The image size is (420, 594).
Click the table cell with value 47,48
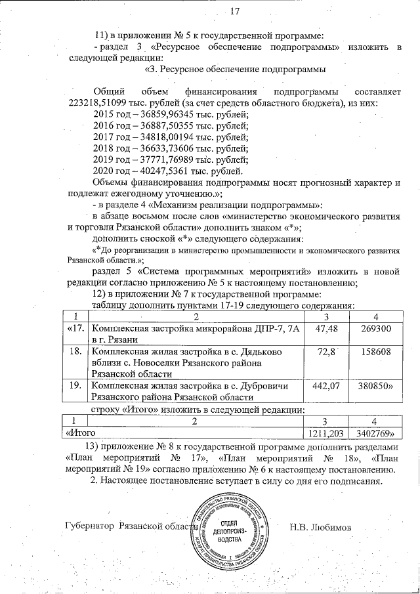tap(327, 328)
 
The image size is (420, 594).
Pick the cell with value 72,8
tap(327, 353)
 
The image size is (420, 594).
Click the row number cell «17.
tap(75, 328)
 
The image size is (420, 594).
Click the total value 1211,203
tap(327, 433)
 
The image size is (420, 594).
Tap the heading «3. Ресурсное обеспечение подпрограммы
tap(234, 69)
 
